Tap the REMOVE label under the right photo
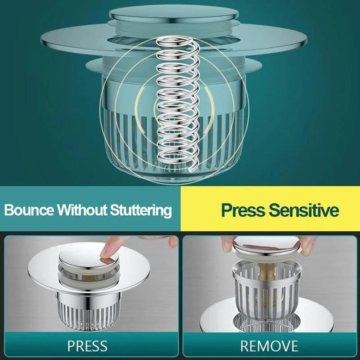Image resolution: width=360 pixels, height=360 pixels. (x=269, y=346)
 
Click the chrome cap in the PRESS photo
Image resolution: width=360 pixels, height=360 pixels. (x=83, y=260)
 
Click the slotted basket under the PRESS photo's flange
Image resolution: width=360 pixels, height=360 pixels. (x=83, y=310)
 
